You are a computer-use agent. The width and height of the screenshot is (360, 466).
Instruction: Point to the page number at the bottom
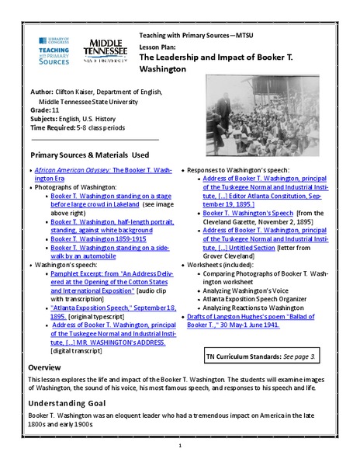click(x=180, y=446)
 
